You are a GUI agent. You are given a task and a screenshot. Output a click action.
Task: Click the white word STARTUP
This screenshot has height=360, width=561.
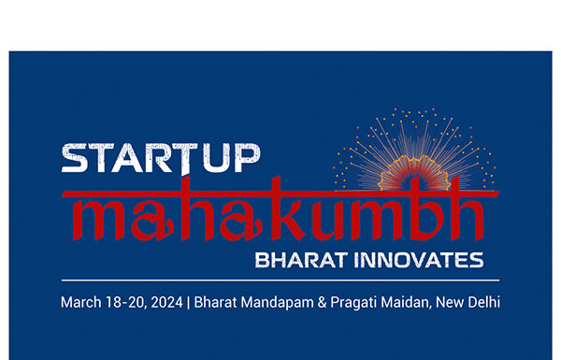[160, 159]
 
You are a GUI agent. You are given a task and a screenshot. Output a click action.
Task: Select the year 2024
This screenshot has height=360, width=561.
[165, 302]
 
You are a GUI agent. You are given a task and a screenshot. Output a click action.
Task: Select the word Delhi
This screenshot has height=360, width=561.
[482, 302]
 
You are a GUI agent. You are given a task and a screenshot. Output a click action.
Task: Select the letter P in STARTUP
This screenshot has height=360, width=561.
[245, 159]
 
